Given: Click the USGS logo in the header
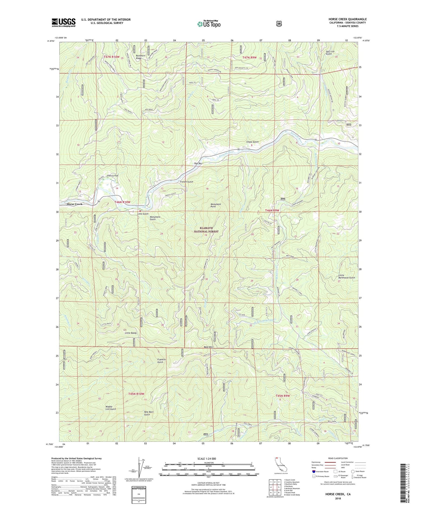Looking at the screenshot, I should coord(64,22).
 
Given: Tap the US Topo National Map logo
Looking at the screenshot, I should coord(209,24).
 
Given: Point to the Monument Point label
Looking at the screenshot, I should coord(215,205).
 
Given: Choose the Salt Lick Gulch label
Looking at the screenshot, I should coord(330,53).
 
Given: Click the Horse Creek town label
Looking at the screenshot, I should coord(74,204).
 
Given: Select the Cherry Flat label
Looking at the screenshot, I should coord(112,176).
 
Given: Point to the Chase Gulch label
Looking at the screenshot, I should coord(252,142).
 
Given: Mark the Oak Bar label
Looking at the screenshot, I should coord(198,163).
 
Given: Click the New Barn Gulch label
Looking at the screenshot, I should coord(147,413).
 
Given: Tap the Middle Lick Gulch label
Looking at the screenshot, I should coord(111,408).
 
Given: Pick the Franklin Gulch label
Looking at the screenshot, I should coord(161,361).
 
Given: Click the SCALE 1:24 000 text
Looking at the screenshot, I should coord(207,459).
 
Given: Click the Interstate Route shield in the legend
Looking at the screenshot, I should coord(313,471).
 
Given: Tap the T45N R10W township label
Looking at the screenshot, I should coord(136,394).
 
